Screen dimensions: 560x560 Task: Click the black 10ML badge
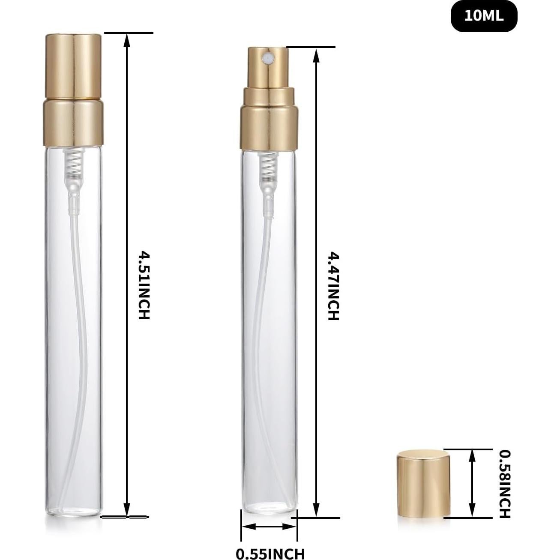click(484, 16)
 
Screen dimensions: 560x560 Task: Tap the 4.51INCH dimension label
click(143, 285)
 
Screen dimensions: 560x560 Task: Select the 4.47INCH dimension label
click(333, 286)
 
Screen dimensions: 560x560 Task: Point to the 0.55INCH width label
click(270, 553)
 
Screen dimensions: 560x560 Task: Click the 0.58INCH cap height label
click(505, 483)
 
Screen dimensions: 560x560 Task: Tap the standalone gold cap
click(423, 483)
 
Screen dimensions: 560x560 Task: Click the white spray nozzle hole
click(269, 56)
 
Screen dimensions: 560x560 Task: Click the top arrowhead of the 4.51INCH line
click(126, 39)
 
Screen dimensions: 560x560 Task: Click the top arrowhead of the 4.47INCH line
click(316, 53)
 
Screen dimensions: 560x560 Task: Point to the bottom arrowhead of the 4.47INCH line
click(316, 512)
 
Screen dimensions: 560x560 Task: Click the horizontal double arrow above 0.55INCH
click(269, 527)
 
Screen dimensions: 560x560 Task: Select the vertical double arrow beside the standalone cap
click(472, 483)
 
